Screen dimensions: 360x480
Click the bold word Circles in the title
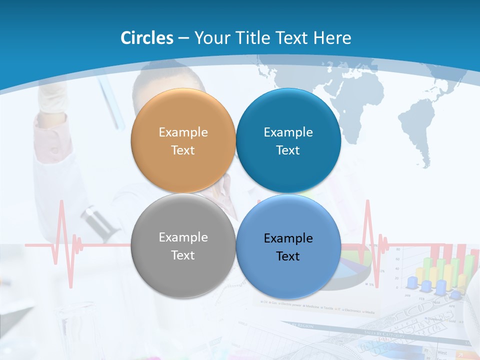[146, 37]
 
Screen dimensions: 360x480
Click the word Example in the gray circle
[183, 237]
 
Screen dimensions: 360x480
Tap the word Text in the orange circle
[183, 150]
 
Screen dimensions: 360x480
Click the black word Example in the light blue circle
[288, 238]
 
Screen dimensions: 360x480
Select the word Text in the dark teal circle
[288, 150]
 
